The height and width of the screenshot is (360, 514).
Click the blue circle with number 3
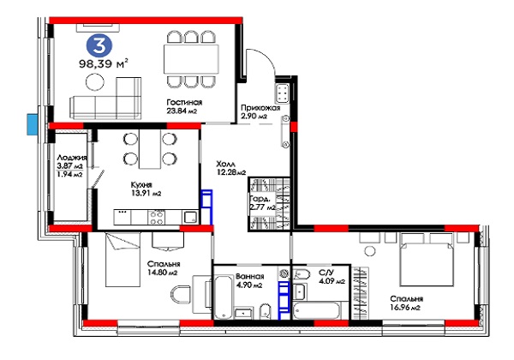pos(99,45)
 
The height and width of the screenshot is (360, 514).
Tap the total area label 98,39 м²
pos(104,63)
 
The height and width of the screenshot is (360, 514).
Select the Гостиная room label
pos(184,103)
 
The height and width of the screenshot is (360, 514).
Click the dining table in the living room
pos(191,59)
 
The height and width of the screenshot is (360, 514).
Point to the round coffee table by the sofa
pos(95,82)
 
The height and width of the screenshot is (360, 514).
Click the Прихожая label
pos(260,108)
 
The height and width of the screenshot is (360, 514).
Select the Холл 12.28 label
pos(230,167)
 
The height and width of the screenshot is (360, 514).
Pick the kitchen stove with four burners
pos(157,217)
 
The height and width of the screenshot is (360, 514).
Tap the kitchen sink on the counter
pos(190,217)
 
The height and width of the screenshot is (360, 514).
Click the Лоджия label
pos(72,158)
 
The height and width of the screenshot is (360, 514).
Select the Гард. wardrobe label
pos(260,199)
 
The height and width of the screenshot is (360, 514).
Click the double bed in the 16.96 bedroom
pos(427,260)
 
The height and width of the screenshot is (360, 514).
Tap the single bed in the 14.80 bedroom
pos(123,260)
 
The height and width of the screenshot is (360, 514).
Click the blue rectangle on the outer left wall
pos(33,124)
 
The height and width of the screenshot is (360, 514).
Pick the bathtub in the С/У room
pos(316,310)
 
